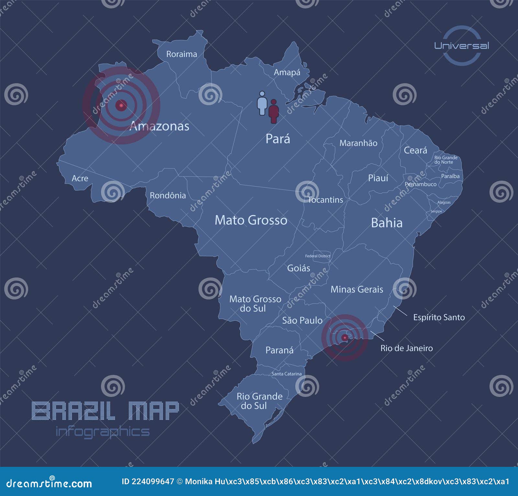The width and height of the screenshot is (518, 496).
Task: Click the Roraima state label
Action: click(x=182, y=54)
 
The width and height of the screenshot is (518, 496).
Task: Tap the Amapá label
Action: click(x=287, y=72)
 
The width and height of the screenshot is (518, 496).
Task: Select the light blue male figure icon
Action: click(x=262, y=103)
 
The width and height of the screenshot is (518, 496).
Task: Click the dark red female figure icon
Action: click(x=274, y=111)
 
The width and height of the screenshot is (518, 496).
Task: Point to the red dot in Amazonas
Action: click(x=121, y=105)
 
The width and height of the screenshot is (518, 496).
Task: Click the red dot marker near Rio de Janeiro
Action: click(x=345, y=338)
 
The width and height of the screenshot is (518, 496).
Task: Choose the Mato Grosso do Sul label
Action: click(x=255, y=304)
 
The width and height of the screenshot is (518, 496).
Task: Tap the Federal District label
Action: click(x=318, y=256)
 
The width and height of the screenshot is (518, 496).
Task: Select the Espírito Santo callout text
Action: click(x=439, y=317)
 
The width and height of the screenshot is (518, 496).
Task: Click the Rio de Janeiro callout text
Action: click(x=406, y=348)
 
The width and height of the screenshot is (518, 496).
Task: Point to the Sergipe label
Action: click(x=436, y=211)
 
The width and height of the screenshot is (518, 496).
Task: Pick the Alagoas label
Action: click(x=444, y=202)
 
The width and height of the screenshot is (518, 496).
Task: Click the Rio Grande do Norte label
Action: click(x=446, y=160)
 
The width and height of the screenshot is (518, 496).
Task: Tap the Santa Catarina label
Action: click(x=287, y=374)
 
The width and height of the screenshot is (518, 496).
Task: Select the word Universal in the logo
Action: click(x=461, y=46)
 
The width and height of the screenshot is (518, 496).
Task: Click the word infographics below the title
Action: click(x=103, y=432)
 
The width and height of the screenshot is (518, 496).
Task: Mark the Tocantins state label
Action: click(x=325, y=200)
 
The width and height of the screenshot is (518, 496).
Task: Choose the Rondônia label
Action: click(x=168, y=196)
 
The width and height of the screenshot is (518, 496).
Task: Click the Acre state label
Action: click(x=80, y=178)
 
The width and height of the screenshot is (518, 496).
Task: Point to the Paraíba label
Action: click(x=450, y=176)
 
